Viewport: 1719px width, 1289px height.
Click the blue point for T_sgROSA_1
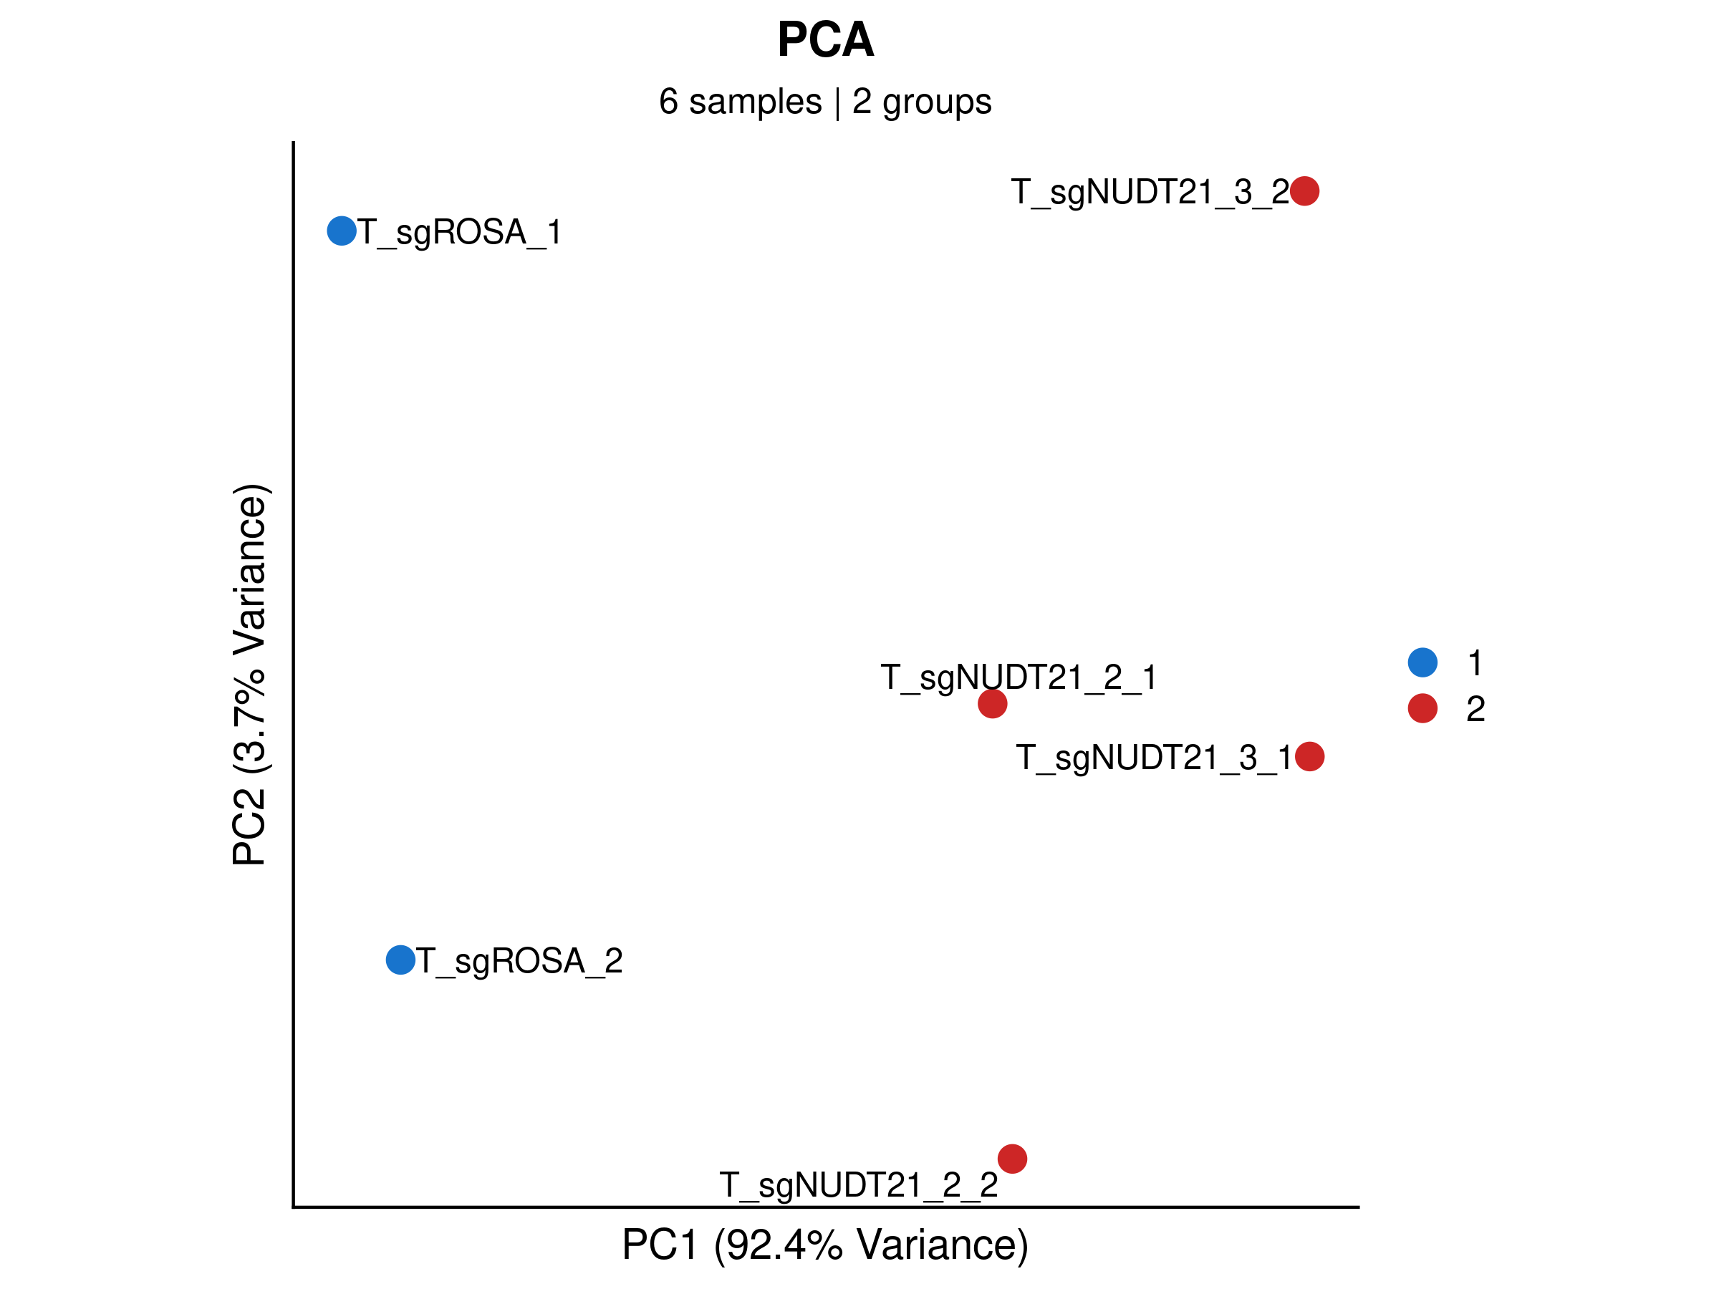click(341, 231)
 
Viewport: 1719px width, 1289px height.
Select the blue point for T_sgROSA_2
click(400, 960)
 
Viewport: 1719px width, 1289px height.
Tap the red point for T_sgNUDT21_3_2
click(1304, 190)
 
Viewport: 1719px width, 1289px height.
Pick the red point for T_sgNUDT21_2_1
click(991, 704)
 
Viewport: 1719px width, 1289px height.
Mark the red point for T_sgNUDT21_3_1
click(1309, 756)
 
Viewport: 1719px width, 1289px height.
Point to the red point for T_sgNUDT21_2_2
click(1012, 1159)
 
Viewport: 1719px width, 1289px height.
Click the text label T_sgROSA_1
click(459, 232)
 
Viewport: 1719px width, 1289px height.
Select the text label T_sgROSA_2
click(519, 961)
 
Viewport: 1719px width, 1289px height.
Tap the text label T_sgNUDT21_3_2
click(1150, 192)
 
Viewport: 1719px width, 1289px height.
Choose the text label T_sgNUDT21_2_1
click(1019, 677)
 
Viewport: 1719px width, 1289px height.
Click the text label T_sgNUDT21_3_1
click(1154, 758)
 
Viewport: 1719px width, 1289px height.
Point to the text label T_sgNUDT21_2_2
click(859, 1185)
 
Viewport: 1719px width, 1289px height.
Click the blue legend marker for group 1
click(1422, 662)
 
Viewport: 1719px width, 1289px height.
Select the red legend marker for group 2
click(1422, 708)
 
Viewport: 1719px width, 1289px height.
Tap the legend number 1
click(1475, 662)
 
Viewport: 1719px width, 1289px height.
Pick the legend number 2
click(1475, 709)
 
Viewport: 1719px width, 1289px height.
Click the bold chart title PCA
click(825, 39)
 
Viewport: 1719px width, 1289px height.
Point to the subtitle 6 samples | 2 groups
click(825, 102)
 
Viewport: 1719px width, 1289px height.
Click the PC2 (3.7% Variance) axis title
click(250, 675)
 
